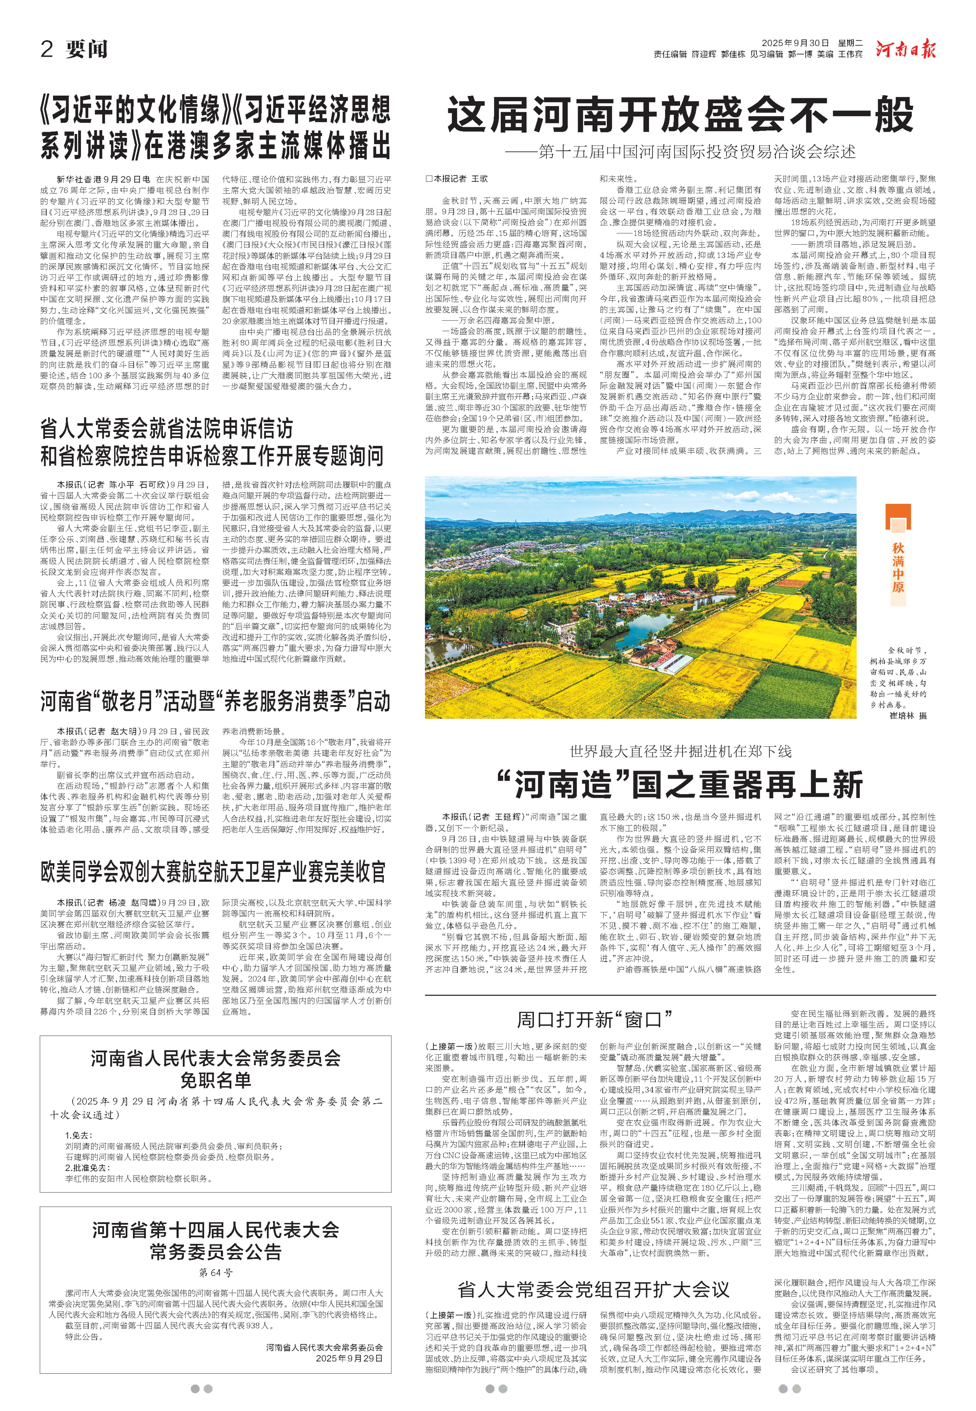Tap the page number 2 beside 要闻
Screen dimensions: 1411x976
(47, 49)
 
